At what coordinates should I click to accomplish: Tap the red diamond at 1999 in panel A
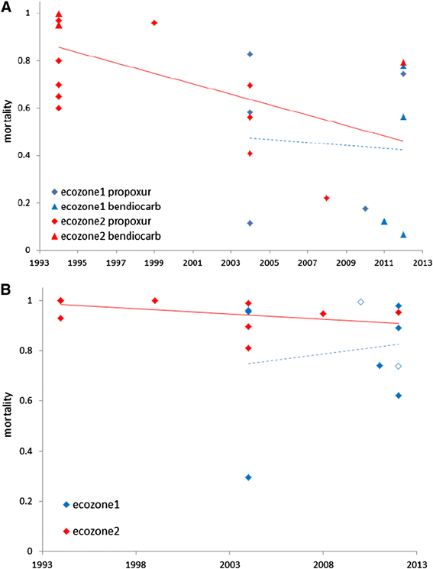[x=154, y=23]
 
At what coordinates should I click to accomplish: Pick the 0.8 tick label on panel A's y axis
[x=28, y=61]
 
